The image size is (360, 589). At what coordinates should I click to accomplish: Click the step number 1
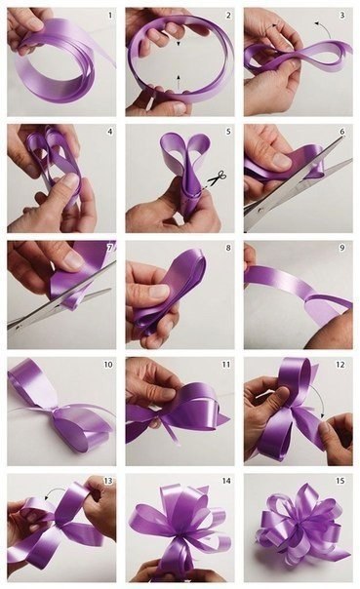110,16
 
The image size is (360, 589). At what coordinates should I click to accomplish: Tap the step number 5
228,132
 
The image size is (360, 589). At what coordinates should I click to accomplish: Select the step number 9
342,249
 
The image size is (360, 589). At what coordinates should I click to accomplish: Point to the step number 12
340,365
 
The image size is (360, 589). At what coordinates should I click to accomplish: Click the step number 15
340,481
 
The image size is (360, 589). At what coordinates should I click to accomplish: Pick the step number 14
226,481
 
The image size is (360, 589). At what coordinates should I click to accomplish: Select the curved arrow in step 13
55,491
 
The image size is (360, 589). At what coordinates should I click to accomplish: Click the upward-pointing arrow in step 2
179,81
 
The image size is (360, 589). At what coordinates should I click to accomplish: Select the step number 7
110,249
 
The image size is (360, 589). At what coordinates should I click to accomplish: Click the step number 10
108,365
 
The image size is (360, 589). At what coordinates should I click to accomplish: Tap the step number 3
342,16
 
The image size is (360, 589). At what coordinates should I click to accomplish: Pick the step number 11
226,365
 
